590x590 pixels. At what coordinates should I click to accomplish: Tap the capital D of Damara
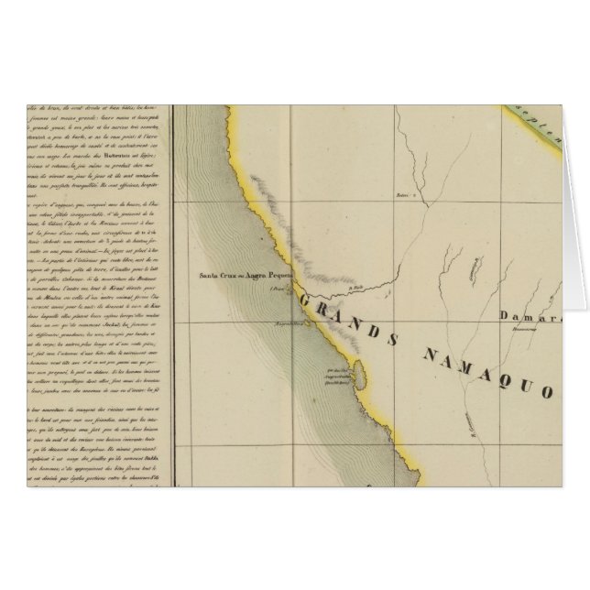click(505, 315)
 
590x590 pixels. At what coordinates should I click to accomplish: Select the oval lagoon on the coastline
click(361, 372)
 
